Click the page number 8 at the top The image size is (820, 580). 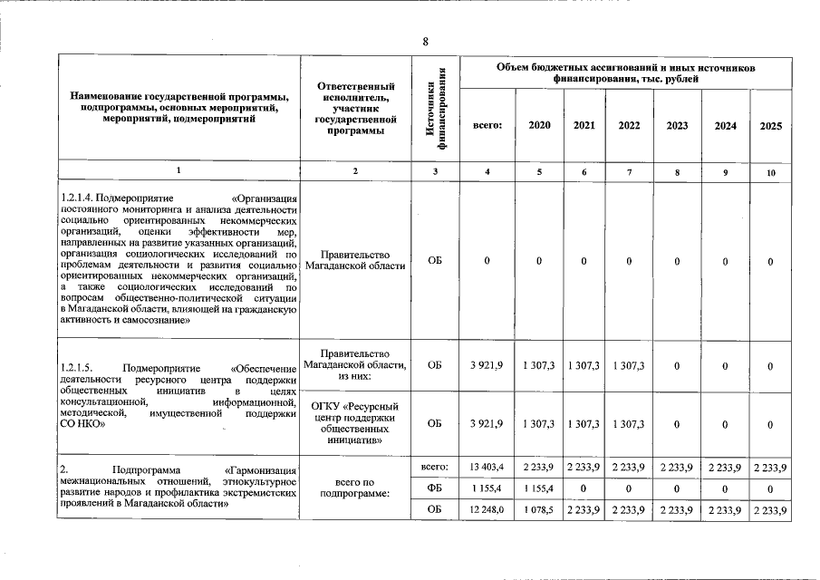pos(425,42)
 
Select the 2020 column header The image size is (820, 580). pos(538,125)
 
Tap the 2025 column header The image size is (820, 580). pos(770,125)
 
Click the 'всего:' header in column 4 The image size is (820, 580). pos(487,125)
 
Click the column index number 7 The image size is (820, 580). pos(629,171)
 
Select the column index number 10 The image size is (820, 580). pos(770,171)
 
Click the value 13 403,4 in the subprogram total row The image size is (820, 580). pos(487,467)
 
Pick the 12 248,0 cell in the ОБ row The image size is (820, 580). pos(487,510)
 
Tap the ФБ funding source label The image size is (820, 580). pos(435,488)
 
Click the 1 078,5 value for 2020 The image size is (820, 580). pos(538,510)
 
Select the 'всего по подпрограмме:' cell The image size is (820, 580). pos(355,487)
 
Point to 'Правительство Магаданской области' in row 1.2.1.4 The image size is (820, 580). pos(355,261)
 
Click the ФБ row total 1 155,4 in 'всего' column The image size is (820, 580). pos(487,488)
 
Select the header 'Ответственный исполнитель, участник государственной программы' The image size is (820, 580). pos(355,108)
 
